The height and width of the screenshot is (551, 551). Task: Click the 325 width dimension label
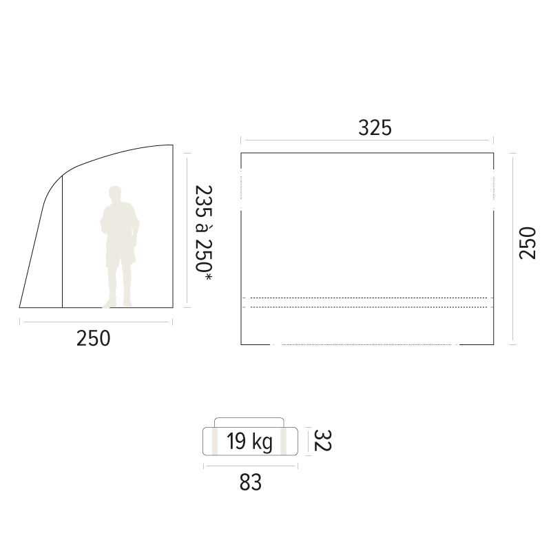[x=375, y=127]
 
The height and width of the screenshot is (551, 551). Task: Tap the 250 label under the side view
[x=93, y=338]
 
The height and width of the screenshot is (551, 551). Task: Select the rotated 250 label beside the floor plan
[x=528, y=243]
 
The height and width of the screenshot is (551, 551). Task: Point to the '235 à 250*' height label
[x=204, y=233]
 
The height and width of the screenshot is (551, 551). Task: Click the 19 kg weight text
[x=249, y=441]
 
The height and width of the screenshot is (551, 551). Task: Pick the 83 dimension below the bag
[x=251, y=483]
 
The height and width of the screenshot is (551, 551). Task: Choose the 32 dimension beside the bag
[x=322, y=440]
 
